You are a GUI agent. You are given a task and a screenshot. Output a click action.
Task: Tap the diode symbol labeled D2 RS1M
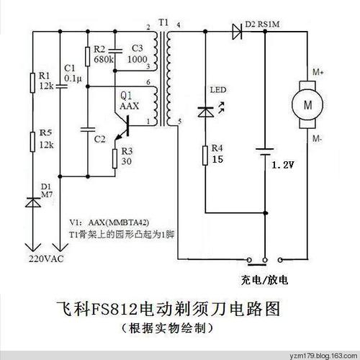237,30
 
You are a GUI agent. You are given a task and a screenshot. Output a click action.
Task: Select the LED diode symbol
206,112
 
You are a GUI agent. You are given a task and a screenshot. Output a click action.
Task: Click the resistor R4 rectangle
206,156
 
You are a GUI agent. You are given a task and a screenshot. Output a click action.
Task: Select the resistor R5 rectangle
31,141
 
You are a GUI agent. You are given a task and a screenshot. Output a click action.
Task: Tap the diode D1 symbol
31,203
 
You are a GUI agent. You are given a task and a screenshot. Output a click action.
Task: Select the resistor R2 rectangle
87,56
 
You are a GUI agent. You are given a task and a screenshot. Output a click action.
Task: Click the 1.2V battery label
286,165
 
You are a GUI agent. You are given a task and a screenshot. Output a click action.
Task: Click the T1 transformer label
163,24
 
